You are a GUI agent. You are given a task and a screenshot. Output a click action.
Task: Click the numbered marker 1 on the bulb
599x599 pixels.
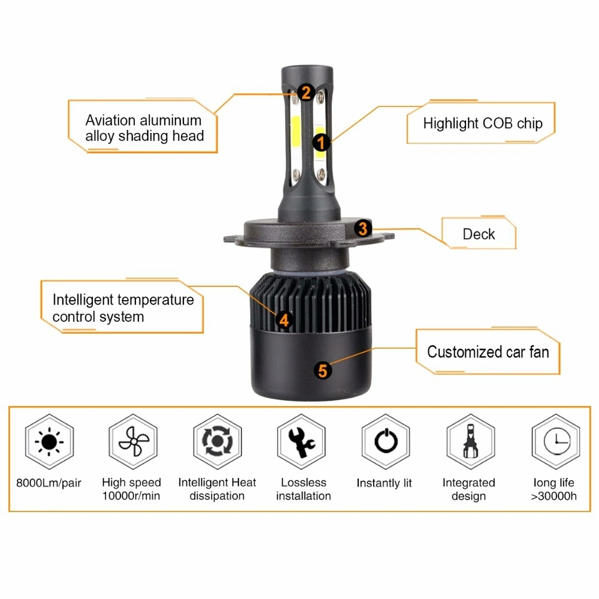point(321,143)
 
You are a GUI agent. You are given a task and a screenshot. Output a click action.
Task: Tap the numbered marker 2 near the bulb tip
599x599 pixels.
point(306,92)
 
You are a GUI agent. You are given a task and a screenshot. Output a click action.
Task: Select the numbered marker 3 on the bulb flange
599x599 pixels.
point(363,228)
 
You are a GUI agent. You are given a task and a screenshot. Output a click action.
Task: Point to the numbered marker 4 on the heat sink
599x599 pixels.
point(284,319)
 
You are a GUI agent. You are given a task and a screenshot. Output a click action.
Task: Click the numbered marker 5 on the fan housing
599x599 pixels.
point(323,371)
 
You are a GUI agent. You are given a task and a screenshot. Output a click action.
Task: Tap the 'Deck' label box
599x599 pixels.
point(479,233)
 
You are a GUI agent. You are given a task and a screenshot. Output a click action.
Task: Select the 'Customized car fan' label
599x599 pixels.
point(488,351)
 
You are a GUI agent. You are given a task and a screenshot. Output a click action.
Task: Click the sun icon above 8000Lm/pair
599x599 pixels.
point(49,442)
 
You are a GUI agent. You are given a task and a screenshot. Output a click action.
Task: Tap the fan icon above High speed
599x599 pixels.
point(133,442)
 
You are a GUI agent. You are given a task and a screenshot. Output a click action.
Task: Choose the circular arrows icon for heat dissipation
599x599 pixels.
point(217,442)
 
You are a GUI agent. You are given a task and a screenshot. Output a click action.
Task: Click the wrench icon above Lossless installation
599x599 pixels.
point(302,442)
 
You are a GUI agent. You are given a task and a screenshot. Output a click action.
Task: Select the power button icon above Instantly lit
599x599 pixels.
point(386,441)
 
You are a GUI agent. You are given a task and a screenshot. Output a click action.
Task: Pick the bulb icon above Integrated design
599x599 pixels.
point(470,441)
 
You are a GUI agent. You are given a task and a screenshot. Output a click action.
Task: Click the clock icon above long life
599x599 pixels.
point(556,441)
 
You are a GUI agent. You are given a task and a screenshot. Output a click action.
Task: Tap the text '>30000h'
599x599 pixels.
point(553,496)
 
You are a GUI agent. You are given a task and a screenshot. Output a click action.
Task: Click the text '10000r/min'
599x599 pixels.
point(131,496)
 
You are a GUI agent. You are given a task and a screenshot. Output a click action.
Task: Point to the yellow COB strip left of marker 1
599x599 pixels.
point(296,132)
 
